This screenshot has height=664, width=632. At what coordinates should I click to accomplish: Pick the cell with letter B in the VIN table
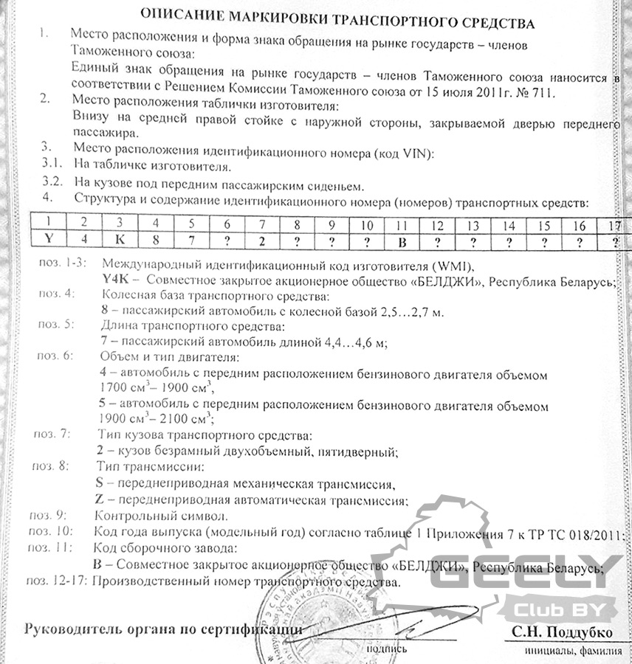pyautogui.click(x=402, y=241)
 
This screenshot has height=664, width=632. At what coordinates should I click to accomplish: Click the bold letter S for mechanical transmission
pyautogui.click(x=100, y=484)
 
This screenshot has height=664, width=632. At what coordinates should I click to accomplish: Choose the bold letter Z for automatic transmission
pyautogui.click(x=100, y=500)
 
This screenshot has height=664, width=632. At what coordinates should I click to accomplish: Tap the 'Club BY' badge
pyautogui.click(x=556, y=609)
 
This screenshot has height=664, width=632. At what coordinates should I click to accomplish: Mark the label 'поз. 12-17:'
pyautogui.click(x=56, y=582)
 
